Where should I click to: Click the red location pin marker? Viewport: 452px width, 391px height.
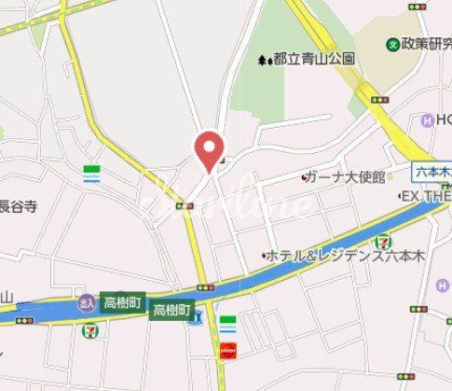[208, 148]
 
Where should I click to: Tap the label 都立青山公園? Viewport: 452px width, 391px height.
[313, 58]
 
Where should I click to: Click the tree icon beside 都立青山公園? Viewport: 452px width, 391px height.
[264, 59]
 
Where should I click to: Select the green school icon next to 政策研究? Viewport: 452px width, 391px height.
[394, 42]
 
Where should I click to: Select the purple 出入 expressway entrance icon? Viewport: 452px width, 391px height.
[87, 302]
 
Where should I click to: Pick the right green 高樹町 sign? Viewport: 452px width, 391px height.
[172, 310]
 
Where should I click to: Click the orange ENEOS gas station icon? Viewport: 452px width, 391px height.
[227, 351]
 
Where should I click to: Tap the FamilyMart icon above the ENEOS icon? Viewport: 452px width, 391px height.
[227, 323]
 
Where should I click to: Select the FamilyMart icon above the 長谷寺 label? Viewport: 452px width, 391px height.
[91, 175]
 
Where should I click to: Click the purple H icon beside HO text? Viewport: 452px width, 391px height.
[427, 120]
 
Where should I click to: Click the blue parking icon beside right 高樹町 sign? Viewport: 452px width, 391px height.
[196, 320]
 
